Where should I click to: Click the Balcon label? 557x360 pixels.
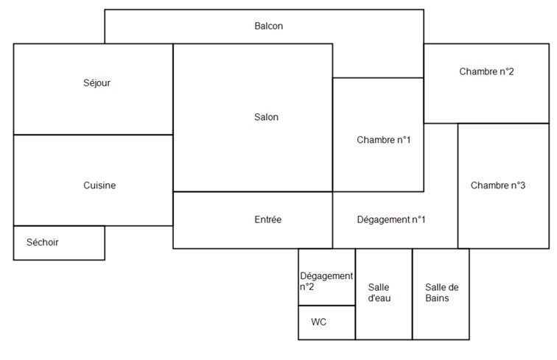pyautogui.click(x=268, y=26)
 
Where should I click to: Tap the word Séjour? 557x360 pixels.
pyautogui.click(x=97, y=83)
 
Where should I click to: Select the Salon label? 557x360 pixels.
pyautogui.click(x=266, y=117)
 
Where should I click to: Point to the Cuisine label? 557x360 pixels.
pyautogui.click(x=99, y=186)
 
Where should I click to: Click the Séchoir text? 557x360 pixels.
pyautogui.click(x=42, y=242)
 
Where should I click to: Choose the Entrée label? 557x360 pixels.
pyautogui.click(x=268, y=219)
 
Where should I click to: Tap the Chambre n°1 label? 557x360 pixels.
pyautogui.click(x=384, y=140)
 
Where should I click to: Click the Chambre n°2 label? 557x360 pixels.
pyautogui.click(x=486, y=71)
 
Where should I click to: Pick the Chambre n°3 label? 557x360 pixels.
pyautogui.click(x=497, y=186)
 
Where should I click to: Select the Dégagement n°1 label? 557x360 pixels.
pyautogui.click(x=390, y=219)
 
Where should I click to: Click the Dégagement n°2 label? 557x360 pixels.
pyautogui.click(x=326, y=281)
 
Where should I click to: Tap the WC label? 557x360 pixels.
pyautogui.click(x=318, y=322)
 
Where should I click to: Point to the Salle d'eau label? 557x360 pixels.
pyautogui.click(x=379, y=292)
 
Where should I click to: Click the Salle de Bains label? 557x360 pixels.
pyautogui.click(x=442, y=292)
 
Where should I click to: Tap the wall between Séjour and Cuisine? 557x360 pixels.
pyautogui.click(x=93, y=135)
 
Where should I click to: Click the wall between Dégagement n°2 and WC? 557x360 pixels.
pyautogui.click(x=327, y=306)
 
